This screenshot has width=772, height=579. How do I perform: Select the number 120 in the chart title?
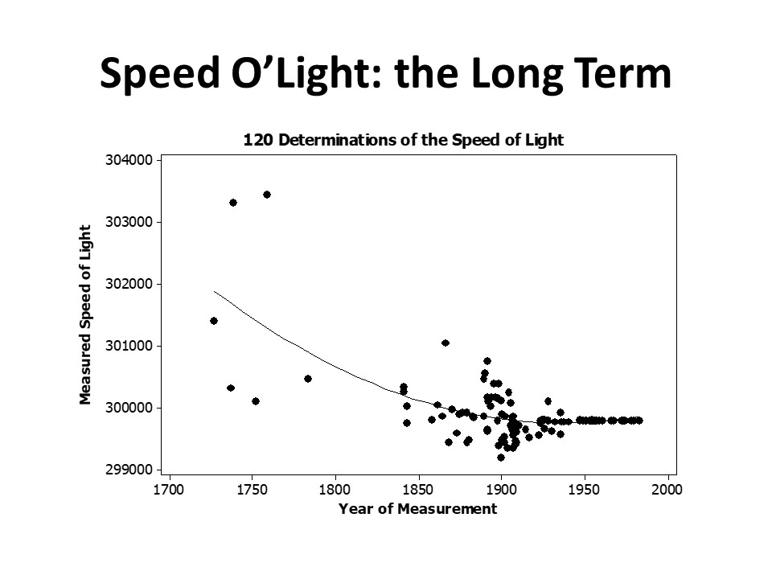(257, 140)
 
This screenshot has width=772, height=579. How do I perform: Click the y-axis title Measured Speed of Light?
(84, 314)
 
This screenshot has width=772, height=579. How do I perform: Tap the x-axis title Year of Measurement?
(417, 509)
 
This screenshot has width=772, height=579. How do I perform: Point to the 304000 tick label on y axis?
(129, 160)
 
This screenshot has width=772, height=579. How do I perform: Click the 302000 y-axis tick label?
(129, 284)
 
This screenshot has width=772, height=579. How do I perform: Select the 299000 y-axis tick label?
(129, 470)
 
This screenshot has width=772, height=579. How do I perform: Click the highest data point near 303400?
(267, 195)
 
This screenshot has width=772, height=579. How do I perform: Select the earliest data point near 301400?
(214, 321)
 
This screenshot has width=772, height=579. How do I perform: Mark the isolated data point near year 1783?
(308, 379)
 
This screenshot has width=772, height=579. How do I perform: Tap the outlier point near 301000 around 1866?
(446, 343)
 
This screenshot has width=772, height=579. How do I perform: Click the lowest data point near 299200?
(501, 458)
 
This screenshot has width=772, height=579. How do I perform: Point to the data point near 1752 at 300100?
(256, 401)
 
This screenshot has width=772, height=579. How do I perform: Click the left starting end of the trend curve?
(215, 291)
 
